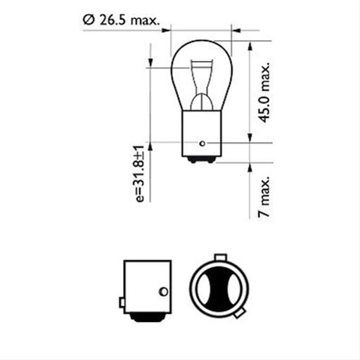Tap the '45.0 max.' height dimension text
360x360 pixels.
265,92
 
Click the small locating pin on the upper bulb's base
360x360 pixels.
202,143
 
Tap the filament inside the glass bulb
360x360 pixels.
200,88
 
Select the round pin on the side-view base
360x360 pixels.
164,291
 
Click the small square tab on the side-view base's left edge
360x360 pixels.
122,303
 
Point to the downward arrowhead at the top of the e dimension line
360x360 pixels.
149,64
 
